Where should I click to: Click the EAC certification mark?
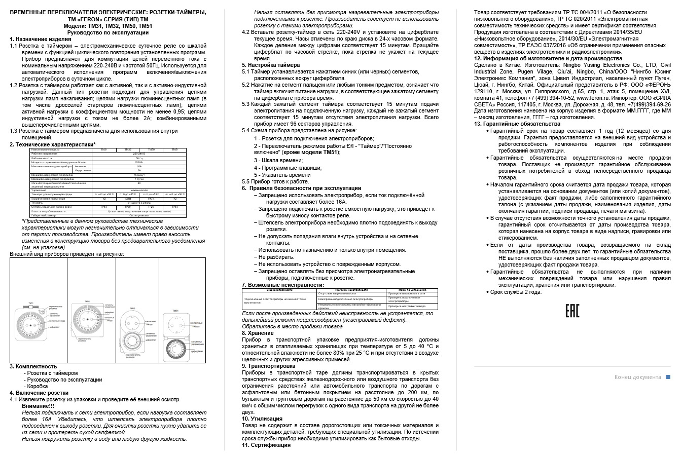point(572,311)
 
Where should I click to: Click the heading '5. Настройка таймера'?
point(271,65)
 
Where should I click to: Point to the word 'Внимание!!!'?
point(38,406)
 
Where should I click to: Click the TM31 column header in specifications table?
point(104,150)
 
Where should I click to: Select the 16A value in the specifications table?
point(139,166)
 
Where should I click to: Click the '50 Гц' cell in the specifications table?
point(139,158)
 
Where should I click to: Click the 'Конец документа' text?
point(637,377)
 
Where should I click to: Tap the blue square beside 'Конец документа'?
point(668,377)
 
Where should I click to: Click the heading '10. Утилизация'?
point(262,419)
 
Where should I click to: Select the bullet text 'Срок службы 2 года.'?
point(516,292)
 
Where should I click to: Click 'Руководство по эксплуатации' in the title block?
point(108,32)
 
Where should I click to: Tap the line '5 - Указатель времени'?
point(282,175)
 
